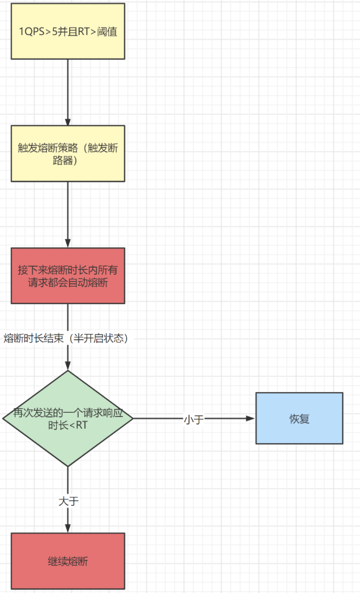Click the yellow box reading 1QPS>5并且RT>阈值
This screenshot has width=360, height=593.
point(68,31)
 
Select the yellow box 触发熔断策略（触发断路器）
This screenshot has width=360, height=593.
point(68,154)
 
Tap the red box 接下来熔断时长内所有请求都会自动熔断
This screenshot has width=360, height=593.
point(68,276)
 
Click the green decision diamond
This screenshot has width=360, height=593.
point(68,418)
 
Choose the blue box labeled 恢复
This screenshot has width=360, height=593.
point(299,418)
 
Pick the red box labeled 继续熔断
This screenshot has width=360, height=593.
point(68,561)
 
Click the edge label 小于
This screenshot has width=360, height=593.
point(194,419)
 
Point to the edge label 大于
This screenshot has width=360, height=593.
point(69,501)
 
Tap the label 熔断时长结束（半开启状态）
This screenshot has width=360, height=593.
point(66,338)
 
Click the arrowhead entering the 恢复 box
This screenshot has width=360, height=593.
point(251,418)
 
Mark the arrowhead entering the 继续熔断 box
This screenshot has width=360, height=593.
point(68,528)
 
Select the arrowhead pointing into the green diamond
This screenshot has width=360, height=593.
point(68,366)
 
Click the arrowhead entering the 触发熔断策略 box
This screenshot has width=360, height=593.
point(68,121)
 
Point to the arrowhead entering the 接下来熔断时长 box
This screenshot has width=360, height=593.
point(68,243)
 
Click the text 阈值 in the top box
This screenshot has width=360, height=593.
point(107,31)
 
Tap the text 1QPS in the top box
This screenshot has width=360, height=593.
point(32,31)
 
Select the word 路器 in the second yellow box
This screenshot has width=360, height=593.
point(63,160)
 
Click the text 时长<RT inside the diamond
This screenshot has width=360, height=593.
point(68,425)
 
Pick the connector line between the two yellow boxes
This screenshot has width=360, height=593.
point(68,92)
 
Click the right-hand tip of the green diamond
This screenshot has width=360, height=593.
point(133,418)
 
